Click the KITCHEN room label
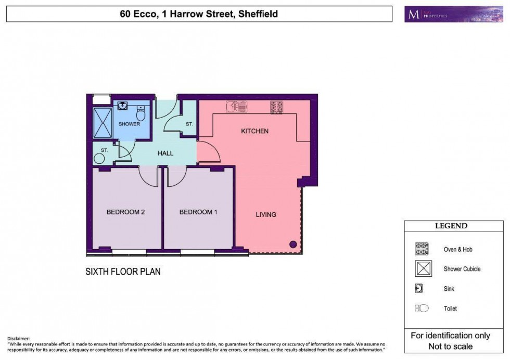coord(254,131)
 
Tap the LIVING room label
coord(265,214)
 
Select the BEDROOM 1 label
coord(196,212)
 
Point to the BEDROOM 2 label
coord(125,212)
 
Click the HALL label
coord(165,153)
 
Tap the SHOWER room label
coord(129,124)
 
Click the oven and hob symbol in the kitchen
coord(276,107)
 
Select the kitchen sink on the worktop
coord(236,107)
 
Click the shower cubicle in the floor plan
coord(102,123)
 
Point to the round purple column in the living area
coord(292,243)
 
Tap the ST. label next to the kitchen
coord(189,124)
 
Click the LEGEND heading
coord(451,226)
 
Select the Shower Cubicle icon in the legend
coord(422,269)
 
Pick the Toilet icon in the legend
coord(422,308)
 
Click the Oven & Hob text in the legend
coord(458,250)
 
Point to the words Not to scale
coord(451,346)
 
